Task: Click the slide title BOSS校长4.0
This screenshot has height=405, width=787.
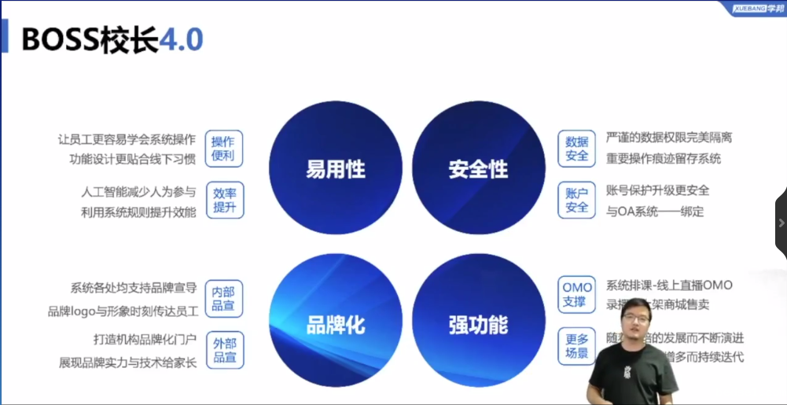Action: (112, 39)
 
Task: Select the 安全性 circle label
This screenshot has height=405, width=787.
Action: (478, 169)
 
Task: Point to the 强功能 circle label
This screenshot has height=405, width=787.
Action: (478, 324)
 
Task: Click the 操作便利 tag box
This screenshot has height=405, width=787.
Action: (224, 149)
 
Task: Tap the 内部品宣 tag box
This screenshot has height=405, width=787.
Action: (224, 298)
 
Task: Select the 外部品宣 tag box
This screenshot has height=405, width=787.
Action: (224, 349)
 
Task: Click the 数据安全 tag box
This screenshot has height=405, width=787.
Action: (577, 149)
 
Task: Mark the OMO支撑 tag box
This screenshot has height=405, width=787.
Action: (577, 294)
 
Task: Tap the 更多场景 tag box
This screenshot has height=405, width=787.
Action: (577, 346)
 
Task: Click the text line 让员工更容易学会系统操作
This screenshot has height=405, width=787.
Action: (127, 140)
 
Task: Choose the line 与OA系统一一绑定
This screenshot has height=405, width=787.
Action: (655, 211)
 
